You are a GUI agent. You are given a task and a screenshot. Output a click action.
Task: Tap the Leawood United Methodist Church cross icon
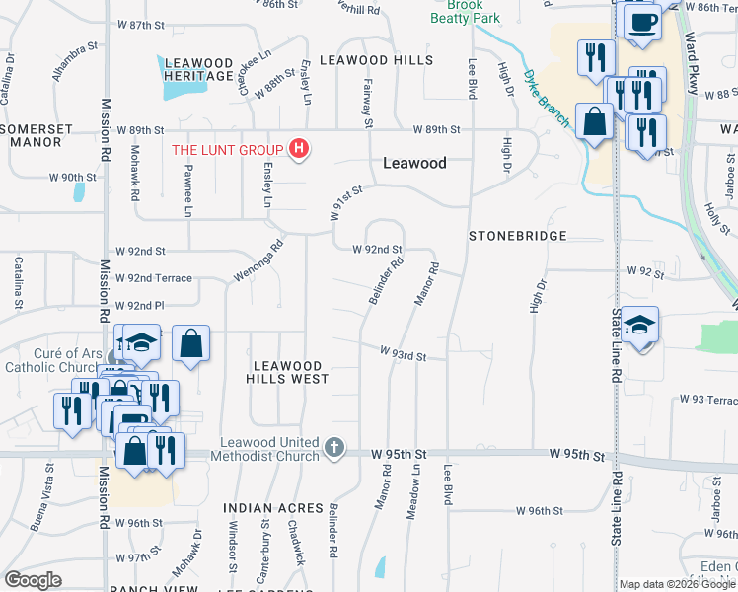coord(334,449)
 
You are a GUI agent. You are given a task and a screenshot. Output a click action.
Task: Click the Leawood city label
coord(414,163)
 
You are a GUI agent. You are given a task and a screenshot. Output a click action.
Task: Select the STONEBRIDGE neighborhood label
coord(517,236)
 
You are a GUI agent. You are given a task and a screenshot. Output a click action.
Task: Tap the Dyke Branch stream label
coord(547,97)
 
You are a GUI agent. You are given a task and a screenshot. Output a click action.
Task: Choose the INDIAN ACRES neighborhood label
coord(273,508)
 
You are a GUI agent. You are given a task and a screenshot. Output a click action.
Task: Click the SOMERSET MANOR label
coord(37,135)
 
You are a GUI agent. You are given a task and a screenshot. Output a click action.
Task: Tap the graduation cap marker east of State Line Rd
coord(640,326)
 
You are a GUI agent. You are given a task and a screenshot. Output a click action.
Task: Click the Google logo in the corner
coord(33,579)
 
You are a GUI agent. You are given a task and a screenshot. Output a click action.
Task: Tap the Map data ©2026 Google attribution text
coord(678,584)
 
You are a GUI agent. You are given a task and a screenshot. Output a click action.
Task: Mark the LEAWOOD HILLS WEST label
coord(286,371)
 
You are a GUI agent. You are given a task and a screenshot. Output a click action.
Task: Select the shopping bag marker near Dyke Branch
coord(596,123)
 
